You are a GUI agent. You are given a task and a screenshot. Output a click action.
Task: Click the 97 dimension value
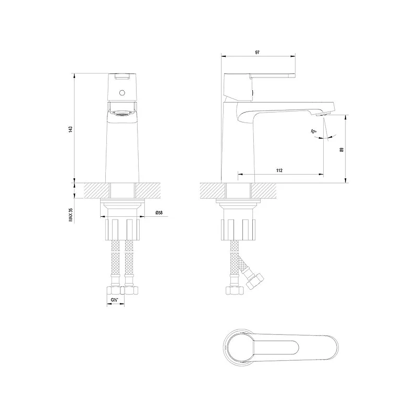pyautogui.click(x=257, y=53)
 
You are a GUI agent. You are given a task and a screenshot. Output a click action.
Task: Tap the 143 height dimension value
pyautogui.click(x=70, y=129)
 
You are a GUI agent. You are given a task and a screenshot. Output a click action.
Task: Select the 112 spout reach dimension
pyautogui.click(x=279, y=170)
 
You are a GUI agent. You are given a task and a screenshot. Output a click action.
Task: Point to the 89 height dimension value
pyautogui.click(x=342, y=150)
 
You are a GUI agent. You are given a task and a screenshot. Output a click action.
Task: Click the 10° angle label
pyautogui.click(x=314, y=131)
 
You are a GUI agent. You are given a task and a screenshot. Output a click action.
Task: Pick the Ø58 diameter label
pyautogui.click(x=159, y=213)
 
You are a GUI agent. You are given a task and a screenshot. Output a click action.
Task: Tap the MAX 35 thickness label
pyautogui.click(x=70, y=215)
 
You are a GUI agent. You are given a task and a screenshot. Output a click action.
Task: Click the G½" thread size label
pyautogui.click(x=114, y=300)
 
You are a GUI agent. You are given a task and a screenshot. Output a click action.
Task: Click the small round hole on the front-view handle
pyautogui.click(x=122, y=93)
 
